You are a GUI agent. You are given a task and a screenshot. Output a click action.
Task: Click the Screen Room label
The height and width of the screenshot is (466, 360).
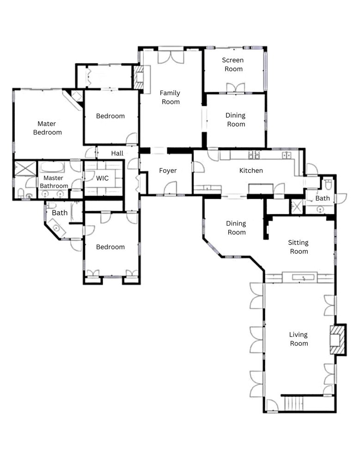coord(233,65)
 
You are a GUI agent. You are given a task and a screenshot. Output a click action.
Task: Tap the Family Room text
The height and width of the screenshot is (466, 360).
coord(170,98)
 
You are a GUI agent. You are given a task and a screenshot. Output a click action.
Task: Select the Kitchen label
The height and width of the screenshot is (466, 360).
coord(251,171)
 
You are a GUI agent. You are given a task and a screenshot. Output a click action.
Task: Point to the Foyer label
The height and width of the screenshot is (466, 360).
coord(168,171)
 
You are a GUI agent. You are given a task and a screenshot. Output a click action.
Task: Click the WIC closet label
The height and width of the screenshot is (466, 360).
coord(102,178)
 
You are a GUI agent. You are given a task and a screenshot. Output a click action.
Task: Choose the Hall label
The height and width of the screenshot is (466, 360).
coord(117,153)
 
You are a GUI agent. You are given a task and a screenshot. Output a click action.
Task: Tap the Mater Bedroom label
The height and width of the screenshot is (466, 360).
coord(49,128)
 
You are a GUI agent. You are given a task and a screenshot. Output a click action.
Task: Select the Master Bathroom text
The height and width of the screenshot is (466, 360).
coord(53,182)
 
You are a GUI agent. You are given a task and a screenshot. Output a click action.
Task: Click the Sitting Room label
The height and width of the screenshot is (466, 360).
coord(298,247)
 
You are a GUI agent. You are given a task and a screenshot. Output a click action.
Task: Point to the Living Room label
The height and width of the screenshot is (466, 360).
coord(298,339)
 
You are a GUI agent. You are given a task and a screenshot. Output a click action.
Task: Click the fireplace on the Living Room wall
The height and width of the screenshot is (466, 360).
coord(337,339)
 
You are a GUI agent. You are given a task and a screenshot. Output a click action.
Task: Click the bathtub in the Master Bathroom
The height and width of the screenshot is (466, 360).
coord(53,167)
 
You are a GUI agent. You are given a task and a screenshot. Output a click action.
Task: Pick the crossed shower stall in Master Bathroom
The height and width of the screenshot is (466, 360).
coord(25,168)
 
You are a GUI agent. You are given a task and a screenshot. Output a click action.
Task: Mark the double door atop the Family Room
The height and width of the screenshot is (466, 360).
coord(171,57)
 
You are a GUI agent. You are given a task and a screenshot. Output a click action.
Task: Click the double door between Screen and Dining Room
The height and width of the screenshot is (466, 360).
coord(235,88)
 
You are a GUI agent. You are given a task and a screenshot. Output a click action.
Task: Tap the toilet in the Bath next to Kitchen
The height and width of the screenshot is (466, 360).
coord(328,184)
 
